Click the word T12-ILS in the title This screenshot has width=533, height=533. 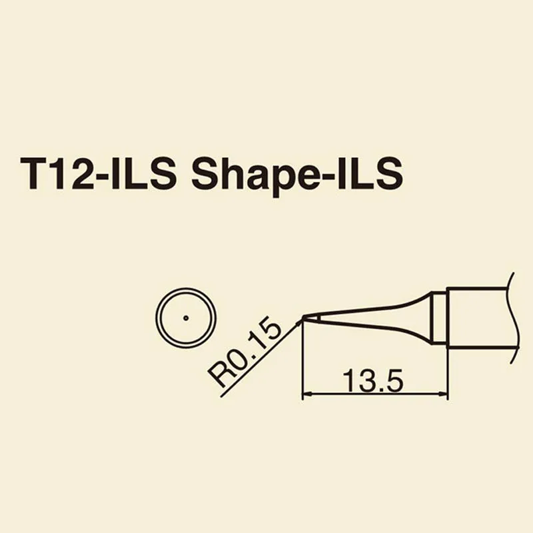click(x=99, y=175)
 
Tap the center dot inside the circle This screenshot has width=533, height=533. click(x=186, y=317)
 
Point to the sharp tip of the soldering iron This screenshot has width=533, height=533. click(x=303, y=318)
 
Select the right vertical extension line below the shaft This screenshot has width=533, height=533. click(x=447, y=373)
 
